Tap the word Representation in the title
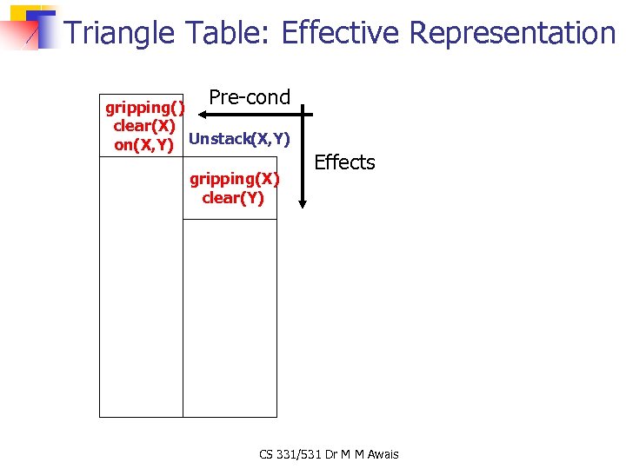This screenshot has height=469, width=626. tap(513, 33)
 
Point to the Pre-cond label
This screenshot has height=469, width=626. tap(250, 97)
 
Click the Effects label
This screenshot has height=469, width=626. tap(344, 162)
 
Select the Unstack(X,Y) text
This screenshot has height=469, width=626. tap(239, 139)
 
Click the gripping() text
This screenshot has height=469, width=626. tap(145, 108)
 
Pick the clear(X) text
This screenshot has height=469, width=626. tap(144, 126)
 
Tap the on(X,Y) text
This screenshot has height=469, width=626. tap(144, 145)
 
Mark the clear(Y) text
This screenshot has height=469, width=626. tap(233, 198)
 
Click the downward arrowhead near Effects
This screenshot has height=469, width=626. tap(302, 201)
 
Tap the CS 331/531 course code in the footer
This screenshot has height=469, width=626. tap(292, 453)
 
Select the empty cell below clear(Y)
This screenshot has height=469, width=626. tap(230, 317)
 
